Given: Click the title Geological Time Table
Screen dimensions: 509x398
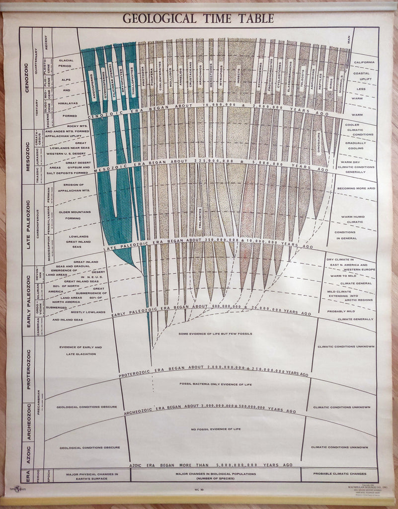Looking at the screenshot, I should coord(198,19).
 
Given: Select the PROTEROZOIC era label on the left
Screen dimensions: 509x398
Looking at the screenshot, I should coord(28,369).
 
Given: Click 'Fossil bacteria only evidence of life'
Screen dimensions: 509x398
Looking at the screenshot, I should coord(215,384).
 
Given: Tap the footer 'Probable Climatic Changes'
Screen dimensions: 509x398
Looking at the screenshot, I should coord(340,474).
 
